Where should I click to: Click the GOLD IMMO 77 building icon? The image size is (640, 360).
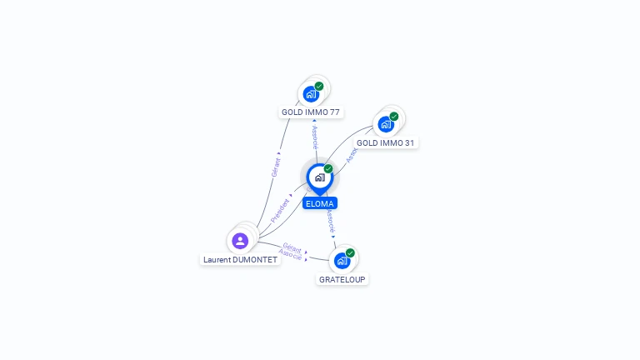click(311, 93)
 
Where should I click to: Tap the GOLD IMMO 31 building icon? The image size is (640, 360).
click(385, 124)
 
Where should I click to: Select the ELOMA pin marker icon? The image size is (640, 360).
click(319, 177)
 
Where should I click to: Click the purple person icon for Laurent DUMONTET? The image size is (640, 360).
click(240, 241)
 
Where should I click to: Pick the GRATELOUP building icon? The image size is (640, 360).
click(342, 261)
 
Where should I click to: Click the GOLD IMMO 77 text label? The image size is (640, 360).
click(311, 112)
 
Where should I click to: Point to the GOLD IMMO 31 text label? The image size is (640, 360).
click(385, 142)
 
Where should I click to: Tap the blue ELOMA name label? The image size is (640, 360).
click(320, 202)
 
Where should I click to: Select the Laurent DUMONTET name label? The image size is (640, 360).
click(240, 259)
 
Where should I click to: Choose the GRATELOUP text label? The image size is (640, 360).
click(342, 279)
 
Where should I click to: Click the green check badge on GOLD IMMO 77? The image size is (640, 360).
click(319, 86)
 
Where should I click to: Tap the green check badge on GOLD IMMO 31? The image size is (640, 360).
click(393, 117)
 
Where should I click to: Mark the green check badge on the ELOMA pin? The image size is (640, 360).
click(328, 168)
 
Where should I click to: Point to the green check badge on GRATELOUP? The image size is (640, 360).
click(350, 252)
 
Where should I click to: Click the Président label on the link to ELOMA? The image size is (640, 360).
click(280, 209)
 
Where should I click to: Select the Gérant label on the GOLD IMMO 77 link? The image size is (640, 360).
click(276, 166)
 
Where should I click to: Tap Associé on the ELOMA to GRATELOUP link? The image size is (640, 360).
click(330, 220)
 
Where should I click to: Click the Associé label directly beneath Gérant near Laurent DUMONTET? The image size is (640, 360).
click(290, 254)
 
